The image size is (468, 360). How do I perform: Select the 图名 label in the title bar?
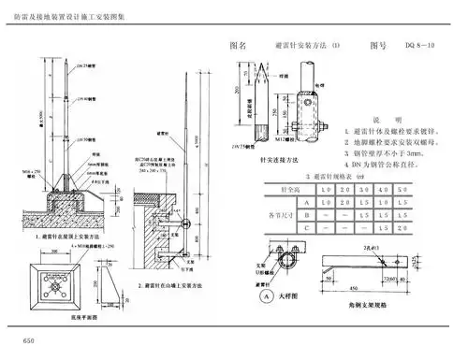238,45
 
